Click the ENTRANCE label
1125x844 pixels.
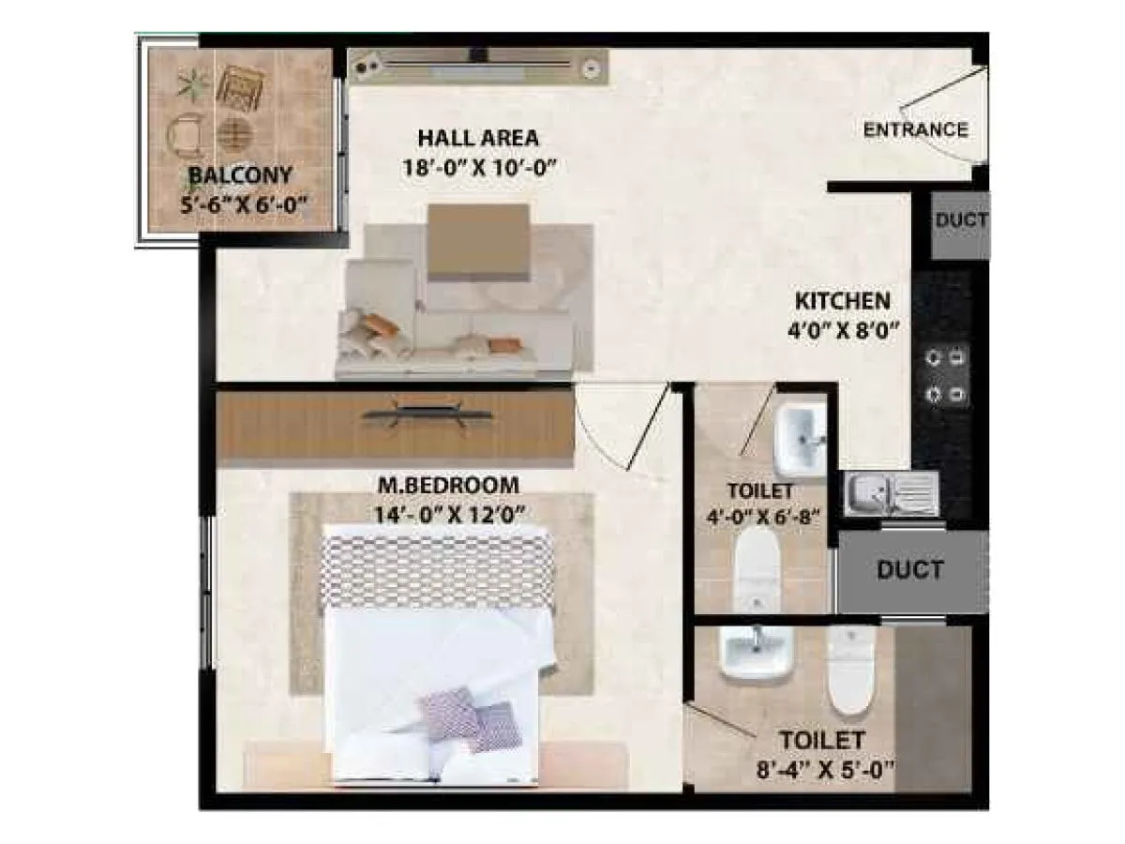click(x=914, y=129)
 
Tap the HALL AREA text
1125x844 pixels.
click(x=478, y=139)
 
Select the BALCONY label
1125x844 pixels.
click(x=240, y=174)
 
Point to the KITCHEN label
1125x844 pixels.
click(x=842, y=301)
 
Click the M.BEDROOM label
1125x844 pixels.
click(x=447, y=486)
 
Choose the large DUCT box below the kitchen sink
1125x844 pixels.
click(x=909, y=570)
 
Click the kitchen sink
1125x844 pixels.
click(x=891, y=492)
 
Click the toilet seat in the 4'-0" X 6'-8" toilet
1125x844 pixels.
click(x=758, y=567)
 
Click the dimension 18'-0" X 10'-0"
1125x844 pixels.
click(x=478, y=169)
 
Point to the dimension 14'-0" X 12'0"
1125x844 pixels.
click(x=447, y=514)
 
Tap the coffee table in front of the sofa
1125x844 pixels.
click(x=480, y=242)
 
